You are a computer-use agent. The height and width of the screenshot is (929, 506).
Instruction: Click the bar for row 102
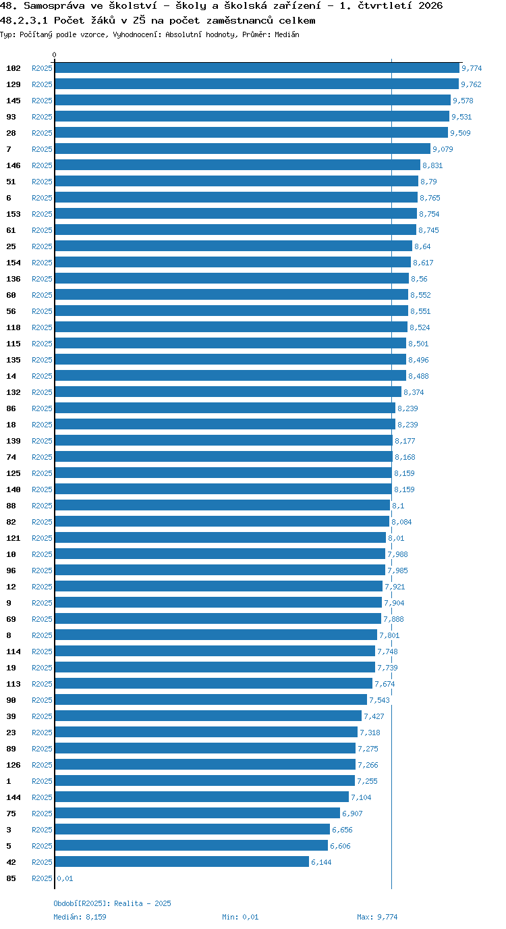pos(257,68)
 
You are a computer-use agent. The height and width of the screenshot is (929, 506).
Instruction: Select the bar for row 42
pos(182,861)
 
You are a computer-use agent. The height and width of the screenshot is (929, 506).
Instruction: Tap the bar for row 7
pos(243,149)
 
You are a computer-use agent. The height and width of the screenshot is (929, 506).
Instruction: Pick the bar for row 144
pos(202,797)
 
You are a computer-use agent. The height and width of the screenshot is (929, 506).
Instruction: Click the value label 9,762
pos(471,84)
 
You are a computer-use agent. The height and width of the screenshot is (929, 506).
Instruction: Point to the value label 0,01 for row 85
pos(65,878)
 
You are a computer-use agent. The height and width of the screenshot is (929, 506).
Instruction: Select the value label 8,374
pos(414,392)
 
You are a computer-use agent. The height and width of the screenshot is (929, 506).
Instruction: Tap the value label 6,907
pos(352,814)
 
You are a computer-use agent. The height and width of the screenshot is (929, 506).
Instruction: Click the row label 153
pos(13,214)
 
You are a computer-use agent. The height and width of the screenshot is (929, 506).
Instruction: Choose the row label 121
pos(13,538)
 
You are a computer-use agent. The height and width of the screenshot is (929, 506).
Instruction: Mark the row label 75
pos(11,814)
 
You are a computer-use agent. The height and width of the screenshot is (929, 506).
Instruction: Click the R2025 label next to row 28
pos(43,133)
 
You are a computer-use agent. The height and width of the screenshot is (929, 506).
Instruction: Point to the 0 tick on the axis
pos(54,55)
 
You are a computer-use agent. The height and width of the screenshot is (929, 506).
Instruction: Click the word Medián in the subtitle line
pos(287,34)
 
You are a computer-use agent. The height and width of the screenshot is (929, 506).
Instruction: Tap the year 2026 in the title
pos(430,6)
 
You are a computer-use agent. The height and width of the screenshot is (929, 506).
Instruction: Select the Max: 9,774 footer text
pos(377,917)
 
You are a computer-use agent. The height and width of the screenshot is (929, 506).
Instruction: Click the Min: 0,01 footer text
pos(240,917)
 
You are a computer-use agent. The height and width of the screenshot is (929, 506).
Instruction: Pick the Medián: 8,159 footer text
pos(80,917)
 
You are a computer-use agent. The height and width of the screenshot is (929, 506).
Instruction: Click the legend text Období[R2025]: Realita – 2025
pos(112,903)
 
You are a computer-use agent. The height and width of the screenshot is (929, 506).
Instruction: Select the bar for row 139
pos(224,440)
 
